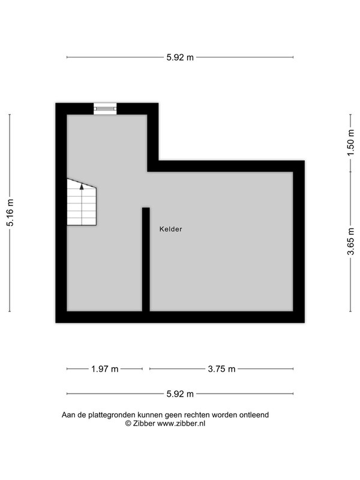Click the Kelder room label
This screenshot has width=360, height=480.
tap(170, 229)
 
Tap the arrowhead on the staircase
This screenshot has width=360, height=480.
tap(82, 187)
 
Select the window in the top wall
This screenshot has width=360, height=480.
tap(105, 109)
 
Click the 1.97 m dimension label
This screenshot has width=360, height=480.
tap(104, 369)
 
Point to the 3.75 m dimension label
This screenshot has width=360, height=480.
tap(221, 369)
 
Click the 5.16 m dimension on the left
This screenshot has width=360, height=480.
tap(10, 213)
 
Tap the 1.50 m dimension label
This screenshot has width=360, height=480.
tap(350, 143)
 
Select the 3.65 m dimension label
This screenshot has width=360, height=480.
tap(350, 241)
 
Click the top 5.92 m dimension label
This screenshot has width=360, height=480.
tap(180, 57)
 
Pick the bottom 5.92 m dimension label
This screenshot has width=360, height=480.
tap(180, 394)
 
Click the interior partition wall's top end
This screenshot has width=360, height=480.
tap(146, 208)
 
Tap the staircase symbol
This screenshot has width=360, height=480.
tap(82, 202)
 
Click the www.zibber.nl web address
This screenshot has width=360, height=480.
tap(181, 424)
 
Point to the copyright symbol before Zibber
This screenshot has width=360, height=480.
tap(128, 424)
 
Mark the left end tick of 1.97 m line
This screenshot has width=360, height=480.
tap(67, 369)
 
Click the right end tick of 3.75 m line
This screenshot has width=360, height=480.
tap(293, 369)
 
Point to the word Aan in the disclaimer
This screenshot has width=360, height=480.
tap(68, 415)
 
